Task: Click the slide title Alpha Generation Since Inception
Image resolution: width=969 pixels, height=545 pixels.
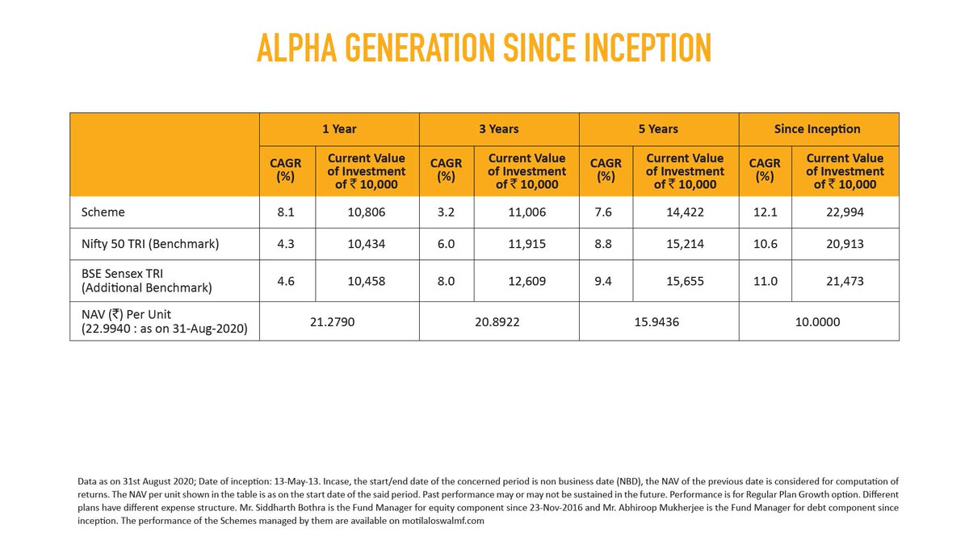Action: (x=484, y=48)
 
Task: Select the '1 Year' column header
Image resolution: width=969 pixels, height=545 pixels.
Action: (x=339, y=129)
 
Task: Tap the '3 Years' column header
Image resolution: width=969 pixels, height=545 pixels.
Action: (x=499, y=129)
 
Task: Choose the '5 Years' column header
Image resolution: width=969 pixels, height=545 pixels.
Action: (x=658, y=129)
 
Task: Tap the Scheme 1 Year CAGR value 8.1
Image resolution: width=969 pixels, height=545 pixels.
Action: (x=285, y=213)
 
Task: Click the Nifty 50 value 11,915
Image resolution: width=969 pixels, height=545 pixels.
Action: (x=526, y=244)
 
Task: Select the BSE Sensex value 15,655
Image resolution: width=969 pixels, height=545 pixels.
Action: (x=686, y=282)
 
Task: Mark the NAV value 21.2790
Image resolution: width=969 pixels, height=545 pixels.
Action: (x=339, y=321)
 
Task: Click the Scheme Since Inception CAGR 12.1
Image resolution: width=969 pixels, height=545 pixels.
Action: (x=765, y=213)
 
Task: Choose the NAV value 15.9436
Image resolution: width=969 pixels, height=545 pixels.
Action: (x=658, y=321)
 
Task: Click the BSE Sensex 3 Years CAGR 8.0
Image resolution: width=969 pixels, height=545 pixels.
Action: (x=446, y=282)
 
